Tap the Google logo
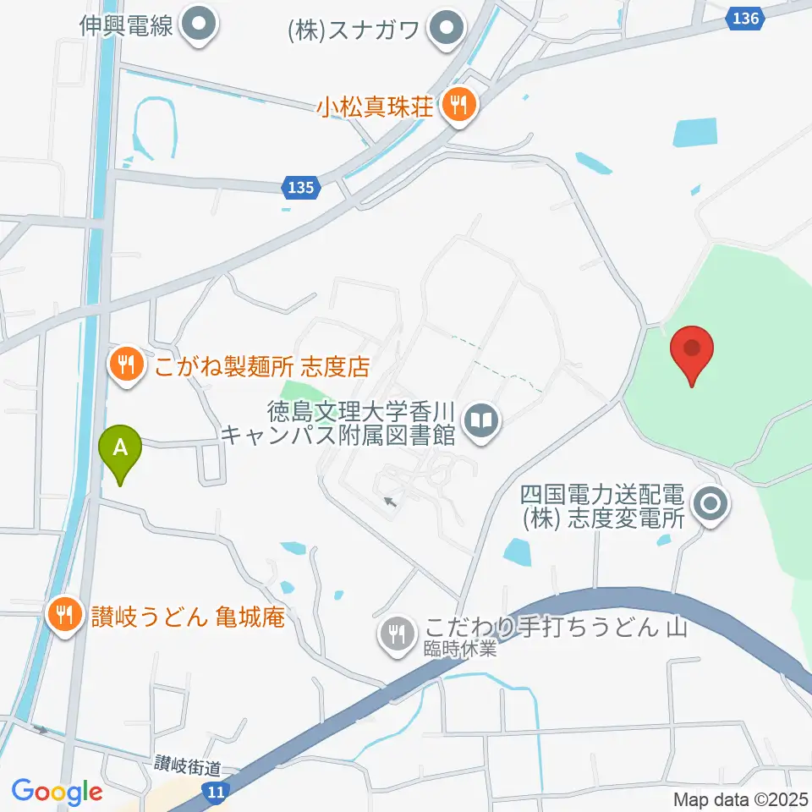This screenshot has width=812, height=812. [58, 792]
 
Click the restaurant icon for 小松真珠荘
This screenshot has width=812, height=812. [460, 107]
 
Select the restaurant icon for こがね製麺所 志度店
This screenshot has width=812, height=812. [127, 365]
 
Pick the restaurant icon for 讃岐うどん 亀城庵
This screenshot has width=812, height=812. [64, 611]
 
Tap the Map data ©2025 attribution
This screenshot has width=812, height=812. [741, 798]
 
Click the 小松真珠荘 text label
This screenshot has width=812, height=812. [376, 107]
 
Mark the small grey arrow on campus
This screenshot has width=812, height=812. [389, 502]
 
